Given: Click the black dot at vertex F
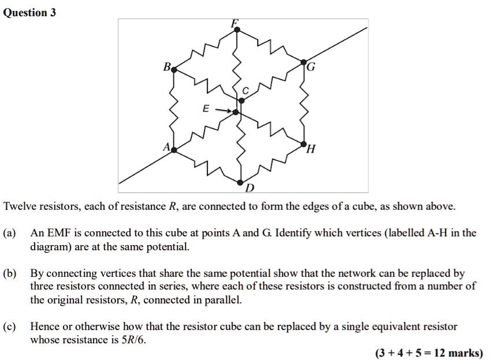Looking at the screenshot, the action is click(237, 29).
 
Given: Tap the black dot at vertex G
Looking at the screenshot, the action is click(303, 62).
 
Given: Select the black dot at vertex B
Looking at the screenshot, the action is click(174, 70).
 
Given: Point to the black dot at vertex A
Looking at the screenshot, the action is click(174, 150).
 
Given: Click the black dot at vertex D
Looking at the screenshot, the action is click(240, 183).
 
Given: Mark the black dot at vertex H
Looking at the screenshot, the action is click(304, 144).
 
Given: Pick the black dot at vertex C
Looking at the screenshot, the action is click(241, 101).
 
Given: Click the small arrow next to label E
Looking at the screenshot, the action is click(223, 110).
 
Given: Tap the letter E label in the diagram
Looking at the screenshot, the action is click(206, 109).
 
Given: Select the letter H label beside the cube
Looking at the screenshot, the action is click(311, 149).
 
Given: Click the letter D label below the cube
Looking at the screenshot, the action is click(250, 188).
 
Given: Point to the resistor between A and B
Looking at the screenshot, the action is click(173, 110).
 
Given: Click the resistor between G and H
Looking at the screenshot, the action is click(304, 103).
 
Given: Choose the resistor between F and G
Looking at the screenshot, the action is click(270, 46).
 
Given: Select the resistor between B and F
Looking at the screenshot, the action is click(206, 50).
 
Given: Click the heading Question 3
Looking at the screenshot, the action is click(29, 13).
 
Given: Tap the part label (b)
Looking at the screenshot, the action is click(9, 273).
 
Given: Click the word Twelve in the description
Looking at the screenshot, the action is click(20, 206).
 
